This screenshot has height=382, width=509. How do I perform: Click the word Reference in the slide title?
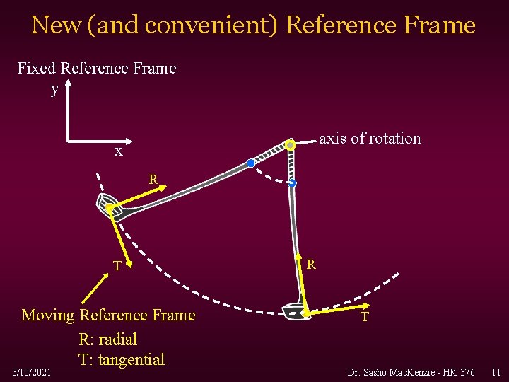pos(341,25)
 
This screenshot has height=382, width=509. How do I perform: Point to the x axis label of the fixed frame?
pos(119,151)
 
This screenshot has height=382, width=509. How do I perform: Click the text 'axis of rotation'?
pos(370,139)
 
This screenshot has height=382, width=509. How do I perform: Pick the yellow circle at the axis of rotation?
pos(290,145)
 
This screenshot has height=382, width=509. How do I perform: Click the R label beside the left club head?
pos(153,179)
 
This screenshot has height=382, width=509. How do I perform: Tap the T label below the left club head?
pos(119,266)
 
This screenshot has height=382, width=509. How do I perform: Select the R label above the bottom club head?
pos(311,265)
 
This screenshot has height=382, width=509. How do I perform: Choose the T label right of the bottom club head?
pos(364,317)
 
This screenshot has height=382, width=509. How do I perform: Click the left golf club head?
pos(109,204)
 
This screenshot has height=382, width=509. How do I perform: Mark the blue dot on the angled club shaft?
pos(251,163)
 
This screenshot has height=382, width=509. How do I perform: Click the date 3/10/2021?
pos(31,371)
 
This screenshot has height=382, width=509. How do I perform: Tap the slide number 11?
pos(495,371)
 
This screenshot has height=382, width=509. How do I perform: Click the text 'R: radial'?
pos(108,339)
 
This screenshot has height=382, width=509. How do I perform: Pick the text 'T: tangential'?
pos(122,359)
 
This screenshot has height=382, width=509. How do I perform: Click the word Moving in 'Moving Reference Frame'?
pos(49,315)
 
